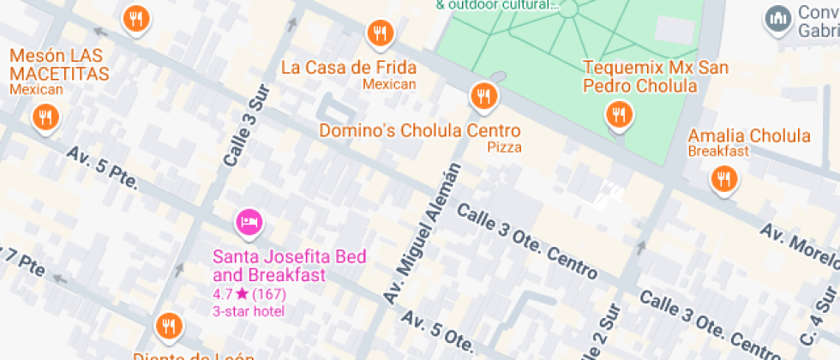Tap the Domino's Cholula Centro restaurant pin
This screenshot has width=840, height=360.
tap(483, 94)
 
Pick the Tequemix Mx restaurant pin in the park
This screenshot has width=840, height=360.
tap(618, 114)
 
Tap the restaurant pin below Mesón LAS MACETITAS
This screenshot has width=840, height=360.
tap(45, 117)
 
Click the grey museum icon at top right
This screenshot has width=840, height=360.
tap(778, 18)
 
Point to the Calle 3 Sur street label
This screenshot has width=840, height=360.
tap(246, 125)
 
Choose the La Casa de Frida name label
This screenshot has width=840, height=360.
tap(349, 68)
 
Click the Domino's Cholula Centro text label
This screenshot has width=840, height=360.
tap(419, 131)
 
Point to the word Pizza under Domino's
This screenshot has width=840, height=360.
tap(505, 147)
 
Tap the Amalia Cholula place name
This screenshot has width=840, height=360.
tap(749, 136)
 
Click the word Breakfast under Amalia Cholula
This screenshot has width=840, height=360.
tap(718, 152)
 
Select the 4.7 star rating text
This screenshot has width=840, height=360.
tap(249, 294)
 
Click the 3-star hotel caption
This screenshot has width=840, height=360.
tap(249, 310)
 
